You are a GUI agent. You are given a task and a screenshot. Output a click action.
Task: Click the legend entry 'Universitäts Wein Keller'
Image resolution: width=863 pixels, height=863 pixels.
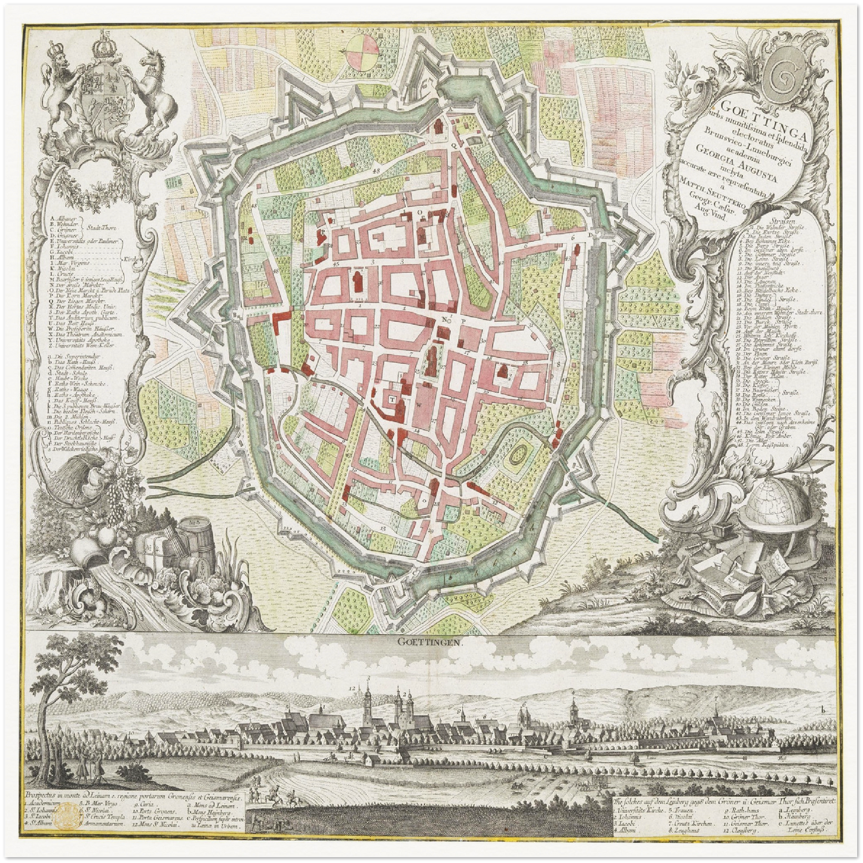[x=90, y=345]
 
